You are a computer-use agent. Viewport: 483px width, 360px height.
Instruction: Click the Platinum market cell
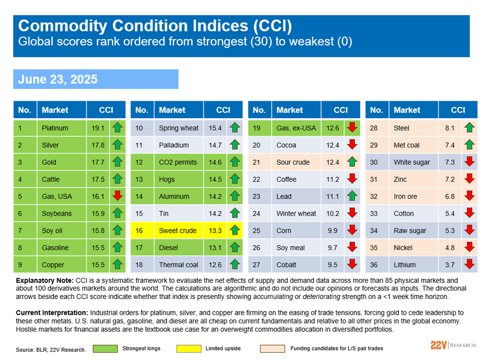click(x=61, y=128)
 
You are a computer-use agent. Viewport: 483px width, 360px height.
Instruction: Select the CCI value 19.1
click(x=98, y=128)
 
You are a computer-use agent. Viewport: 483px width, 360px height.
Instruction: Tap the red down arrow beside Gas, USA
click(x=117, y=196)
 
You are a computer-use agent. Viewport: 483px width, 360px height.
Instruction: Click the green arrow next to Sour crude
click(x=352, y=161)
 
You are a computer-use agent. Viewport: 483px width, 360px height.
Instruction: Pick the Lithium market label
click(x=404, y=264)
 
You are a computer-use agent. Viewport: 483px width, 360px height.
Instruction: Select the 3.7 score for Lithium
click(x=450, y=264)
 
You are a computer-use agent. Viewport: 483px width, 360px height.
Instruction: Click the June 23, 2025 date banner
click(x=96, y=79)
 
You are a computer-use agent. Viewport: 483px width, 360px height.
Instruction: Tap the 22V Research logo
click(x=453, y=345)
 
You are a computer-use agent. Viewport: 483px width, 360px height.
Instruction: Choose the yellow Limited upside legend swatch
click(x=189, y=349)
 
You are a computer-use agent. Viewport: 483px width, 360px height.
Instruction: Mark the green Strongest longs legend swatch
click(x=105, y=349)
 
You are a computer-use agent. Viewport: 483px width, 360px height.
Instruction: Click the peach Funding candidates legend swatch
click(x=272, y=349)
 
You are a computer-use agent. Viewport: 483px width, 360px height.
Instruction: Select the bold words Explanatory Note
click(x=45, y=281)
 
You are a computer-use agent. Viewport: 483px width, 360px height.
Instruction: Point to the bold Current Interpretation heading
click(x=52, y=313)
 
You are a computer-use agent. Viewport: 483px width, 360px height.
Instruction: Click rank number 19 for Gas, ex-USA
click(x=257, y=128)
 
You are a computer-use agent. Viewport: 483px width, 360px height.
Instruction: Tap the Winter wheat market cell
click(x=296, y=213)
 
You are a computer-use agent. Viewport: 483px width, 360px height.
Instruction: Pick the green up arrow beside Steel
click(x=470, y=127)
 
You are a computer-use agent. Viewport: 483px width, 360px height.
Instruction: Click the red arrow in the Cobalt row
click(x=352, y=264)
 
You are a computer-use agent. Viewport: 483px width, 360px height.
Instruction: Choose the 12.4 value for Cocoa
click(x=333, y=145)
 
